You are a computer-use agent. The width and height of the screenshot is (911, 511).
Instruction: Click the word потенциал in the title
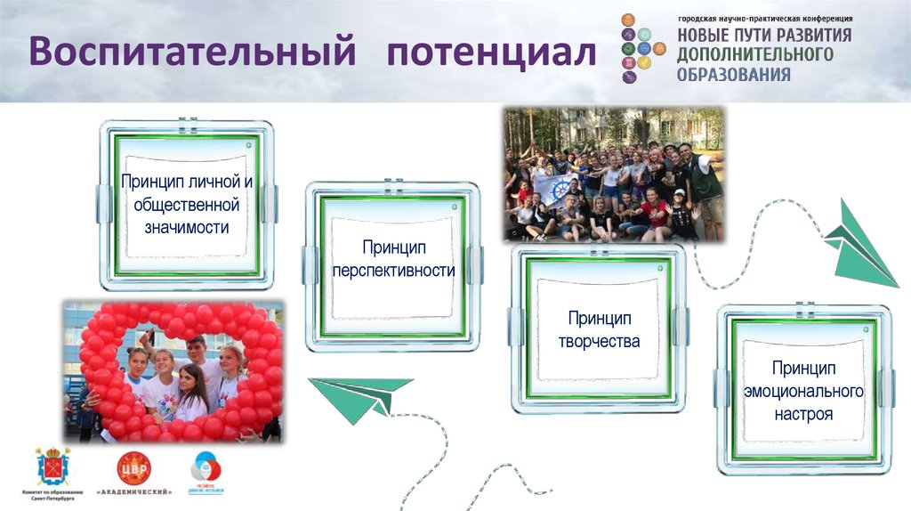pos(490,52)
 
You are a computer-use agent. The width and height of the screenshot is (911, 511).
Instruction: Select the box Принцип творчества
pos(599,329)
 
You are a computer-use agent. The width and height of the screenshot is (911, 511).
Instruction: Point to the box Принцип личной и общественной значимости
pos(187,205)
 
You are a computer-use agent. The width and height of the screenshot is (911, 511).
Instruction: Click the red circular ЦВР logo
pos(134,467)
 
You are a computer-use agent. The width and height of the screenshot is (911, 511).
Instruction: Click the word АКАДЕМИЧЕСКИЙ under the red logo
pos(134,492)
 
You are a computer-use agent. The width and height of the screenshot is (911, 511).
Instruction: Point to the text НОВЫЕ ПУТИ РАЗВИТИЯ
pos(764,36)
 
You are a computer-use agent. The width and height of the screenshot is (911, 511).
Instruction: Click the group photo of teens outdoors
pos(614,174)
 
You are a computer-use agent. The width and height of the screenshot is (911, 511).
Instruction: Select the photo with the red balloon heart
pos(173,369)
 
